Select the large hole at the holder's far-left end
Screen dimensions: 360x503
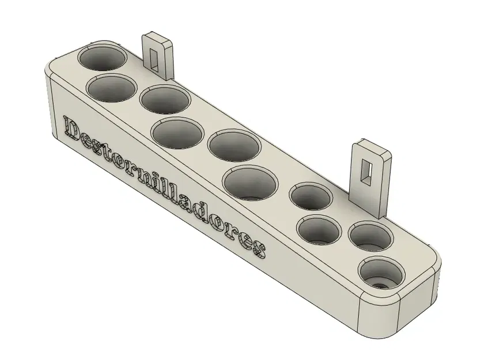[x=103, y=60]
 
